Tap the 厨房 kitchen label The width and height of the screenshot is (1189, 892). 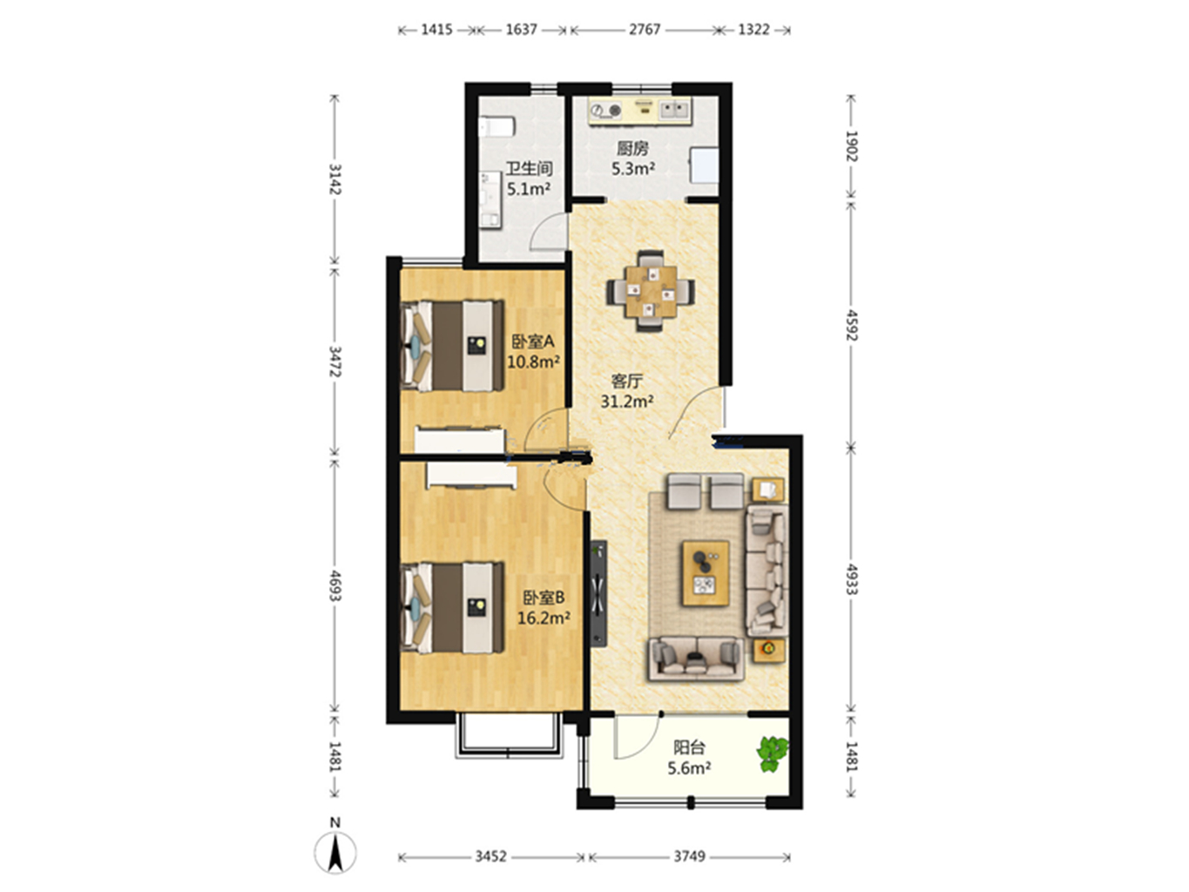(x=632, y=148)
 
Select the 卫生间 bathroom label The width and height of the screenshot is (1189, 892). (x=530, y=168)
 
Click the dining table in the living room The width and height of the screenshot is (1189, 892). (x=651, y=290)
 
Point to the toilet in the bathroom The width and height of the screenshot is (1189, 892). (x=496, y=127)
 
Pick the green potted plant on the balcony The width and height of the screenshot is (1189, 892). (x=772, y=753)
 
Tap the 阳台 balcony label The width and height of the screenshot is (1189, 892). (x=689, y=747)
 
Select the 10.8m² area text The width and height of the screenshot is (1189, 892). (x=533, y=362)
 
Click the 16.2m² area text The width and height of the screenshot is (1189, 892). (x=544, y=618)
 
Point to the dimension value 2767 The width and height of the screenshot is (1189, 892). (x=645, y=30)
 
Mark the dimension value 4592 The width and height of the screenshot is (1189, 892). (x=852, y=325)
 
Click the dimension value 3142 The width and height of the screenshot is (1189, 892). (x=335, y=179)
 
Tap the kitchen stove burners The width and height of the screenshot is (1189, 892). (x=605, y=111)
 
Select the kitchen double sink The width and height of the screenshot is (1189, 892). (x=675, y=110)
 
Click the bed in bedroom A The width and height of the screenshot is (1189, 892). (x=452, y=346)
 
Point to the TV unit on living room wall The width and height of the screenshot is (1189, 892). (x=598, y=593)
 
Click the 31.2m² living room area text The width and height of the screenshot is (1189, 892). (x=627, y=402)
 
